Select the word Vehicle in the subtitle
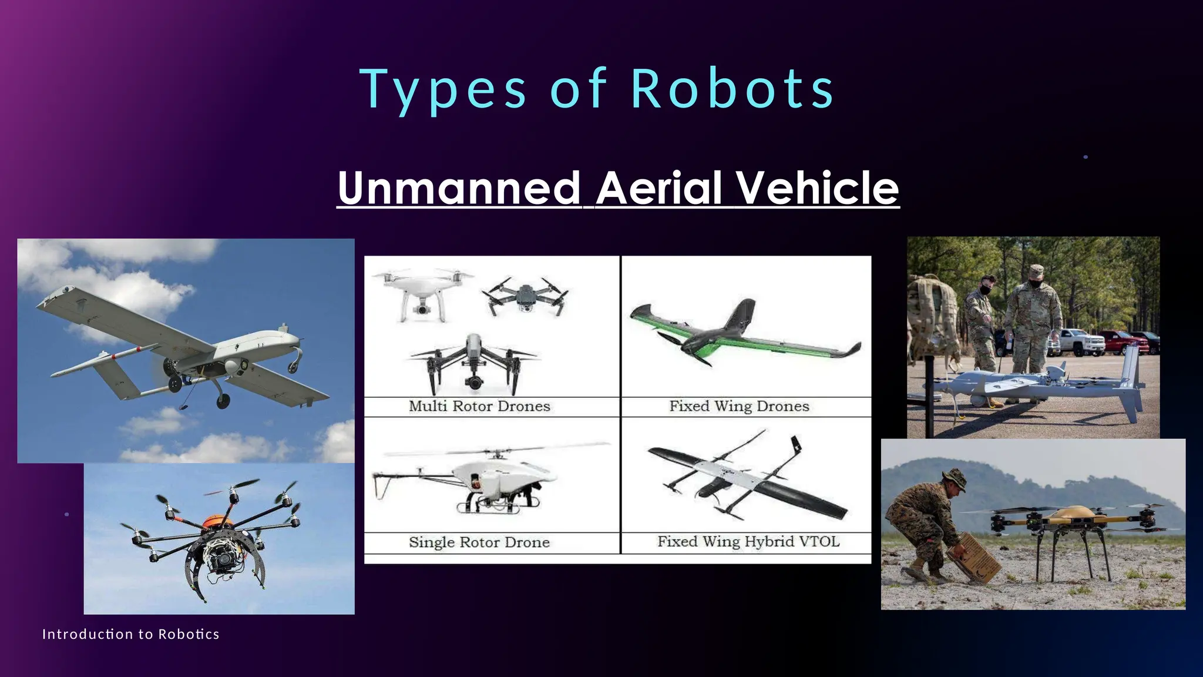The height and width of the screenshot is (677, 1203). coord(817,188)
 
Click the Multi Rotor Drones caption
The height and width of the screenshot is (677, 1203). coord(479,406)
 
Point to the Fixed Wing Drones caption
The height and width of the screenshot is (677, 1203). coord(739,406)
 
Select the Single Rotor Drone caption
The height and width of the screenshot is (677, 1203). coord(479,542)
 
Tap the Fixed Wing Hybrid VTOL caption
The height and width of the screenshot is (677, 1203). coord(748,541)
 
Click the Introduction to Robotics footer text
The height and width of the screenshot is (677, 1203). coord(130,634)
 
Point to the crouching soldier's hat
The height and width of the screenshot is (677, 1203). coord(954,479)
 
